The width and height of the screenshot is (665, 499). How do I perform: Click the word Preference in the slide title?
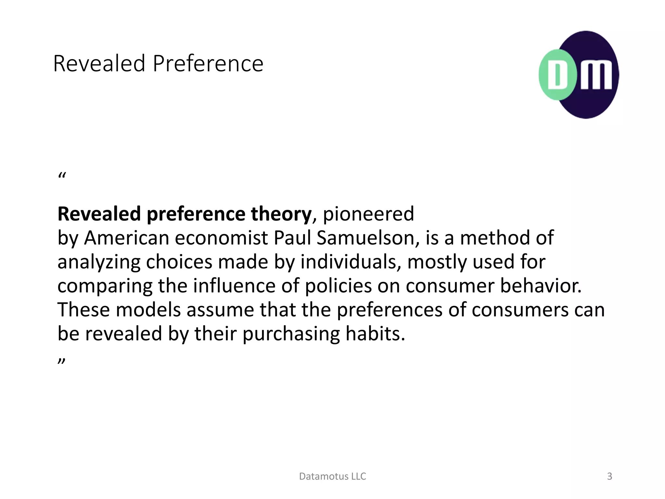[208, 64]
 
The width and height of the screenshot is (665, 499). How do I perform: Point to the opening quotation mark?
[62, 176]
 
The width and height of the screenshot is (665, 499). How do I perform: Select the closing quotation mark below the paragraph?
[62, 361]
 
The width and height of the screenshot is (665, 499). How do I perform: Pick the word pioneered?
[368, 214]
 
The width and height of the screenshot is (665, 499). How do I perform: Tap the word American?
[127, 238]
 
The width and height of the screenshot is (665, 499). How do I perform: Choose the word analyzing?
[99, 262]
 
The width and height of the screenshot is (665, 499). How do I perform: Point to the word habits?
[375, 334]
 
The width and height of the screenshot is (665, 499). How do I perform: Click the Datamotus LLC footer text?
[332, 476]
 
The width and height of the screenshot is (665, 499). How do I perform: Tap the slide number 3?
[609, 476]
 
